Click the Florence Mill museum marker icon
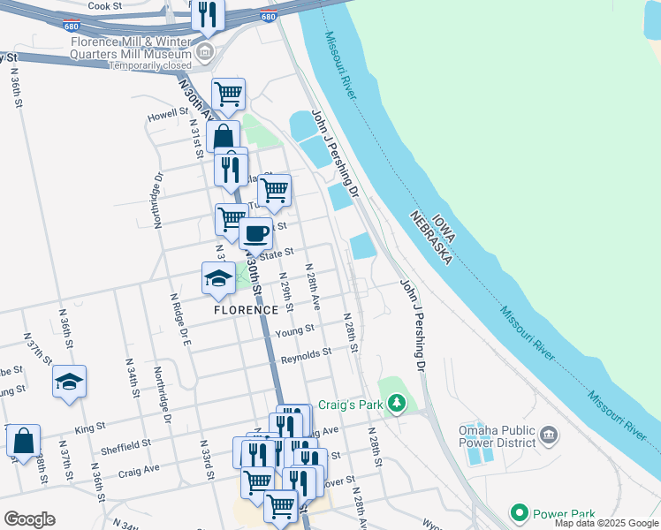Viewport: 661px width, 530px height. pyautogui.click(x=205, y=51)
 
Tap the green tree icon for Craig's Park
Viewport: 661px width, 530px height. pyautogui.click(x=397, y=404)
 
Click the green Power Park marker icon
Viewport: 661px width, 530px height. pyautogui.click(x=519, y=512)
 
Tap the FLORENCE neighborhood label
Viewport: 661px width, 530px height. pyautogui.click(x=246, y=310)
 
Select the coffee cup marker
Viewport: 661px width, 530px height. pyautogui.click(x=255, y=234)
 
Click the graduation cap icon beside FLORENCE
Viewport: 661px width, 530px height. pyautogui.click(x=218, y=279)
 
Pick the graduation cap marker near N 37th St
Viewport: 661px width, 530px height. pyautogui.click(x=69, y=382)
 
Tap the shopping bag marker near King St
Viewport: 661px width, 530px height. pyautogui.click(x=23, y=440)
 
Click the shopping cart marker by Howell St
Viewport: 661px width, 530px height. pyautogui.click(x=228, y=93)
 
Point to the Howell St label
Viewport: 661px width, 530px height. pyautogui.click(x=163, y=116)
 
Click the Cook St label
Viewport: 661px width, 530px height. pyautogui.click(x=104, y=5)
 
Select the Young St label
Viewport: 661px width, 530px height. pyautogui.click(x=294, y=330)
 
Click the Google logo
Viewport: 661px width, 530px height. pyautogui.click(x=29, y=519)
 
